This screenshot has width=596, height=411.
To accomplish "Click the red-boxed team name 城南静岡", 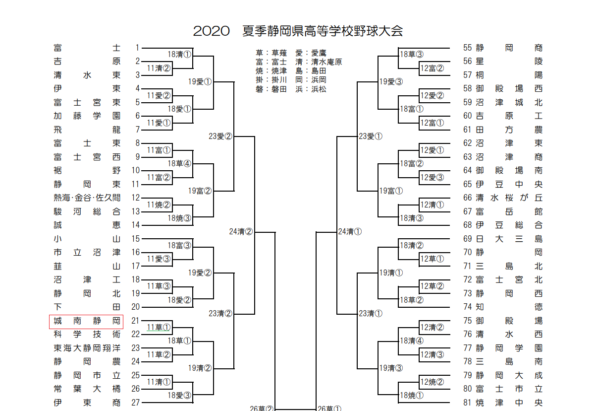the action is click(87, 321).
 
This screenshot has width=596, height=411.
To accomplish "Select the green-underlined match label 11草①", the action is click(159, 327).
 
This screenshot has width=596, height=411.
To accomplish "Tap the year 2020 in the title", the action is click(211, 31).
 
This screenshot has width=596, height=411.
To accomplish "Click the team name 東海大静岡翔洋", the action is click(87, 348).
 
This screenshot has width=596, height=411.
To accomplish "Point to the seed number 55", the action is click(467, 48).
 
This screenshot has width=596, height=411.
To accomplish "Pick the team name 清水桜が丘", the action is click(509, 198).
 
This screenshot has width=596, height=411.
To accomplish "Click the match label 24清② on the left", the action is click(241, 231).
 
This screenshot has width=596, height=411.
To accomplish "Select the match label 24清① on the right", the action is click(350, 231).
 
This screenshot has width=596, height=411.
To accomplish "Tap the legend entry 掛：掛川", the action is click(271, 80).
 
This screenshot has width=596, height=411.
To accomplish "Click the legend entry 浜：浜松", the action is click(311, 89).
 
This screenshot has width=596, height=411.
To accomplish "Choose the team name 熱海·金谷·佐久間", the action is click(87, 198).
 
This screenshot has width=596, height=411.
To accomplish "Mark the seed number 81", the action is click(467, 403).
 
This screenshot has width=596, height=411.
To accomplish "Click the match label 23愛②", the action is click(220, 136).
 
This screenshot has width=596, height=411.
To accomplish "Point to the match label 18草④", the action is click(179, 163).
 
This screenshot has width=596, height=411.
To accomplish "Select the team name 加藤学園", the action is click(87, 116).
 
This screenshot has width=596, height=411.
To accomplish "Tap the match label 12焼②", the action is click(432, 382).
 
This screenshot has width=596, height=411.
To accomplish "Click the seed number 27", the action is click(135, 403).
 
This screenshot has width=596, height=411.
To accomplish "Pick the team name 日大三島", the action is click(509, 239).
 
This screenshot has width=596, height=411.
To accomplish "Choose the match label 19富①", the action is click(391, 191).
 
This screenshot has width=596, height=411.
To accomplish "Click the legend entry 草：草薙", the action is click(271, 53).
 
